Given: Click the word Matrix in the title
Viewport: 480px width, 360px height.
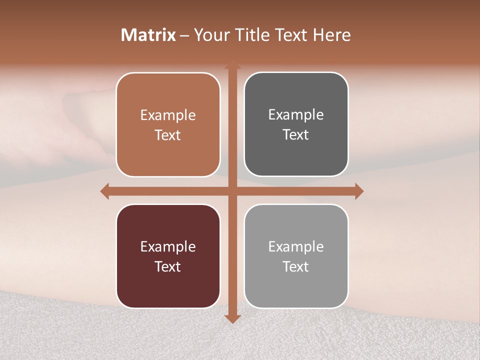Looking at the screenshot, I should (148, 35).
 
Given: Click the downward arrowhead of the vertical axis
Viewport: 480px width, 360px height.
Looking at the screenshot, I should (232, 318).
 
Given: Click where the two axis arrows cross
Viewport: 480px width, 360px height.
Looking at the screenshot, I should (232, 191).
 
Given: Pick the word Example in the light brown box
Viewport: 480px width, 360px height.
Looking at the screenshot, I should (168, 115).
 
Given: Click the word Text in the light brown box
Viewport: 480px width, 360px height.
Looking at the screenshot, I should (168, 135).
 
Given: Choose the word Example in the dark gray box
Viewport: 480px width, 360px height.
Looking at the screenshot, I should (296, 115).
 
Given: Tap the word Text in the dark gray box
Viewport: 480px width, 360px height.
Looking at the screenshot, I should (296, 135).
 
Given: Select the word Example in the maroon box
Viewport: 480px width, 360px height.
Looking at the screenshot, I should (168, 247).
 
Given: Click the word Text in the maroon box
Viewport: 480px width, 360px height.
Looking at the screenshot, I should (168, 266).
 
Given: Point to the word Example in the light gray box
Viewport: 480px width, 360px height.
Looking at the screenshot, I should (296, 247).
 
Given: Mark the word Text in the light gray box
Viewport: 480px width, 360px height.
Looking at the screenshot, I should (296, 266).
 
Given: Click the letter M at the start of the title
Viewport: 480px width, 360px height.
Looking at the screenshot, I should (128, 35).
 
